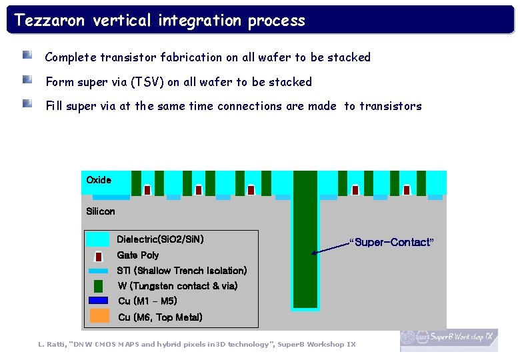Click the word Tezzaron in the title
tap(50, 21)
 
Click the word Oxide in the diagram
tap(99, 180)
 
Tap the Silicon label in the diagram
tap(101, 211)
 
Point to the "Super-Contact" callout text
tap(392, 242)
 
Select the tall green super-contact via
tap(305, 240)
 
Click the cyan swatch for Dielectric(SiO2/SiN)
tap(98, 239)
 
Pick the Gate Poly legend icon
tap(98, 256)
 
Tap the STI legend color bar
tap(98, 271)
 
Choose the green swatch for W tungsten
tap(98, 286)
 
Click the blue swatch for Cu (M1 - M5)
tap(98, 301)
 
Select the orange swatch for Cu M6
tap(99, 316)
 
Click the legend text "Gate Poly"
tap(138, 255)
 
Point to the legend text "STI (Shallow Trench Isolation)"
tap(181, 271)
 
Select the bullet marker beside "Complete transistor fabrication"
tap(27, 55)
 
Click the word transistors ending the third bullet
tap(390, 106)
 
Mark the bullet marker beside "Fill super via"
tap(27, 103)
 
